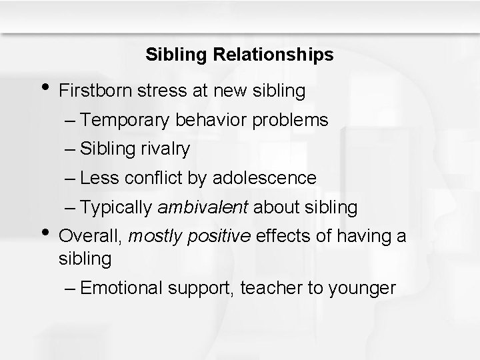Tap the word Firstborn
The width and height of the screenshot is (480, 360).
pyautogui.click(x=97, y=91)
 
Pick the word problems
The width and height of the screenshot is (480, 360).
pyautogui.click(x=292, y=120)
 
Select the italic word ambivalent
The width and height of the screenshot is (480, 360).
pyautogui.click(x=203, y=208)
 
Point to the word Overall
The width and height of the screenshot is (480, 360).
pyautogui.click(x=90, y=235)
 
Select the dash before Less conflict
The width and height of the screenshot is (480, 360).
pyautogui.click(x=71, y=179)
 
